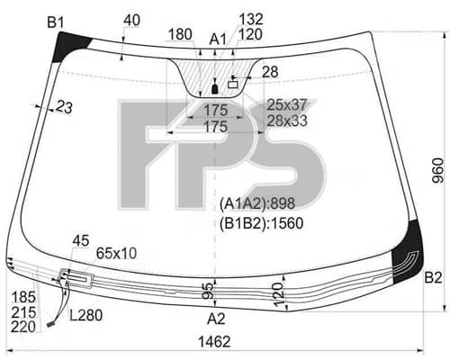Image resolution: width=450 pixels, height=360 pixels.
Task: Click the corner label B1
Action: click(x=56, y=22)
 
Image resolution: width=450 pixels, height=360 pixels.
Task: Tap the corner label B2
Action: click(x=433, y=278)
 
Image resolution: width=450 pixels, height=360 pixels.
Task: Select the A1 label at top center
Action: click(x=218, y=40)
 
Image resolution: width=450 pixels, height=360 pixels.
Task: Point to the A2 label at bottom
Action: click(x=216, y=319)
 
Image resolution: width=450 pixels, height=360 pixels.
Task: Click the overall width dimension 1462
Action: click(x=214, y=341)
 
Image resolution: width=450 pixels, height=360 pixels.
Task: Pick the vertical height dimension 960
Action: click(x=438, y=170)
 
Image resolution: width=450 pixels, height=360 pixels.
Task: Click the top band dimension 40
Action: click(x=131, y=21)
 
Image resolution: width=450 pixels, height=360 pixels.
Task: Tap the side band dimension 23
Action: click(x=64, y=107)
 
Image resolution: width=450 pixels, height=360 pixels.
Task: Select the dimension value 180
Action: click(x=180, y=34)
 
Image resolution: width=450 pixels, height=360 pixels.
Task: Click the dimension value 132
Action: click(x=251, y=19)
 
